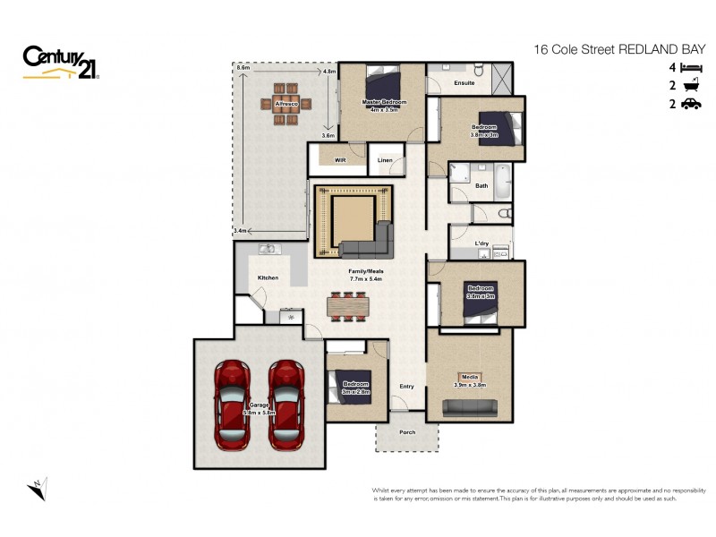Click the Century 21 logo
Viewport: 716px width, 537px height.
pyautogui.click(x=61, y=63)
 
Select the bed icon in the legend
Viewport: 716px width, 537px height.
pyautogui.click(x=690, y=68)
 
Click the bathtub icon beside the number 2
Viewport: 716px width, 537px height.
pyautogui.click(x=690, y=86)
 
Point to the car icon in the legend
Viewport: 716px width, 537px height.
pyautogui.click(x=690, y=105)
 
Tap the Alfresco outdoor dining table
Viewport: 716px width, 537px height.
pyautogui.click(x=286, y=104)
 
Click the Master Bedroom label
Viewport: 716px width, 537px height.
pyautogui.click(x=384, y=103)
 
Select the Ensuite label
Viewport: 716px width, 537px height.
pyautogui.click(x=464, y=83)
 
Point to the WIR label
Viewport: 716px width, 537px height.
pyautogui.click(x=340, y=160)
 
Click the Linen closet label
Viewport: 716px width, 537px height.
pyautogui.click(x=385, y=160)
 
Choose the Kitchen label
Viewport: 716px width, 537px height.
pyautogui.click(x=268, y=277)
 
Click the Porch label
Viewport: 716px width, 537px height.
pyautogui.click(x=407, y=432)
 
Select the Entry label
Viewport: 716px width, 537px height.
pyautogui.click(x=407, y=387)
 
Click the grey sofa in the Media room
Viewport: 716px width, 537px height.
pyautogui.click(x=470, y=408)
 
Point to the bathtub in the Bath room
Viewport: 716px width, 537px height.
pyautogui.click(x=502, y=182)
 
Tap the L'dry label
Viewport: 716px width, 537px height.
pyautogui.click(x=482, y=243)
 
